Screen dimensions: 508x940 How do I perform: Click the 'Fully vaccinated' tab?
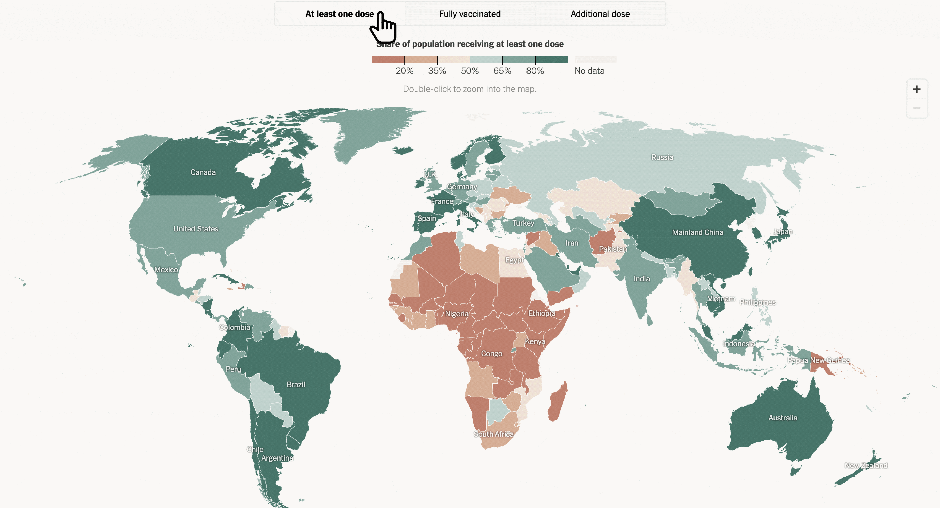tap(470, 14)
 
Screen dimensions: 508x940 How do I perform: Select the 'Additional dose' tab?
tap(600, 14)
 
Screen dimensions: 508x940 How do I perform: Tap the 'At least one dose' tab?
tap(339, 14)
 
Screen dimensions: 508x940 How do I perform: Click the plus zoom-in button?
tap(917, 89)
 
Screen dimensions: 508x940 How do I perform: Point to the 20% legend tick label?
tap(404, 71)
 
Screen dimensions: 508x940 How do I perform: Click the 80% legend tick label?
tap(535, 71)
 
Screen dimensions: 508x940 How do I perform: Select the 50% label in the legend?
tap(470, 71)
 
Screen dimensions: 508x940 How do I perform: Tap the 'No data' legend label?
tap(589, 71)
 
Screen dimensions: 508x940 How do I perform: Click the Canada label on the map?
tap(203, 172)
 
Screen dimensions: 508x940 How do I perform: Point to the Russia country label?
tap(662, 157)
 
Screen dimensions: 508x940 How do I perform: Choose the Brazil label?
tap(296, 384)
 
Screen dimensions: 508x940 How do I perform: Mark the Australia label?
tap(783, 417)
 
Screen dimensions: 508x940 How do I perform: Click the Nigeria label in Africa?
tap(456, 314)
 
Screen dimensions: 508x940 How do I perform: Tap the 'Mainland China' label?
tap(697, 232)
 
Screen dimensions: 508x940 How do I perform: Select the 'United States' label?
tap(196, 229)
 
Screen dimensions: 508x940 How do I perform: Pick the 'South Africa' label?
tap(493, 434)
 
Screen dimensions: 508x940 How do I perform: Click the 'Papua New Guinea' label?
tap(818, 360)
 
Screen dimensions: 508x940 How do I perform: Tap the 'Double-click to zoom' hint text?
tap(470, 89)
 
